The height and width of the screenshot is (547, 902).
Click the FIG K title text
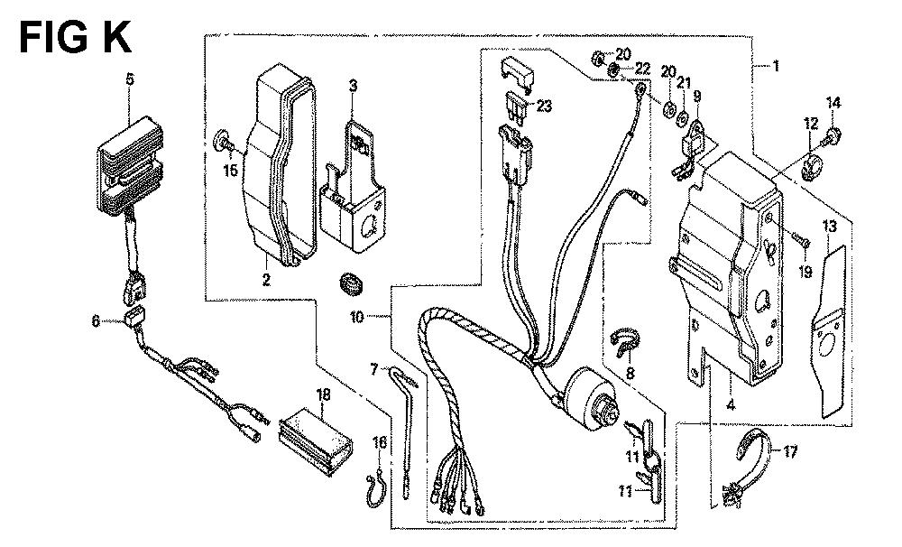pyautogui.click(x=75, y=37)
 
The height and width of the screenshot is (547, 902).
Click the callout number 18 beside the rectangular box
pyautogui.click(x=323, y=394)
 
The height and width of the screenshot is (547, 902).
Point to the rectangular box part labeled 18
pyautogui.click(x=316, y=441)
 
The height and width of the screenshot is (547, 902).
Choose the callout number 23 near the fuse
pyautogui.click(x=544, y=106)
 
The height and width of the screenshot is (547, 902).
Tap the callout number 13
pyautogui.click(x=829, y=227)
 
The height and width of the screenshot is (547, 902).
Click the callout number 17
pyautogui.click(x=790, y=452)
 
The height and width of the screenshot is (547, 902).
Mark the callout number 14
pyautogui.click(x=833, y=103)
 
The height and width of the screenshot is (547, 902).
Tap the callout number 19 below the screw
pyautogui.click(x=805, y=271)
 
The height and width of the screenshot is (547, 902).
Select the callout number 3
pyautogui.click(x=354, y=87)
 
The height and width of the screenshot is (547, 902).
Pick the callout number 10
pyautogui.click(x=356, y=317)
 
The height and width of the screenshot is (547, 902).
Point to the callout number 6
pyautogui.click(x=96, y=320)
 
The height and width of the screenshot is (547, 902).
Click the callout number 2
pyautogui.click(x=266, y=281)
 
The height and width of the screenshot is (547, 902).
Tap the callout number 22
pyautogui.click(x=642, y=70)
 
